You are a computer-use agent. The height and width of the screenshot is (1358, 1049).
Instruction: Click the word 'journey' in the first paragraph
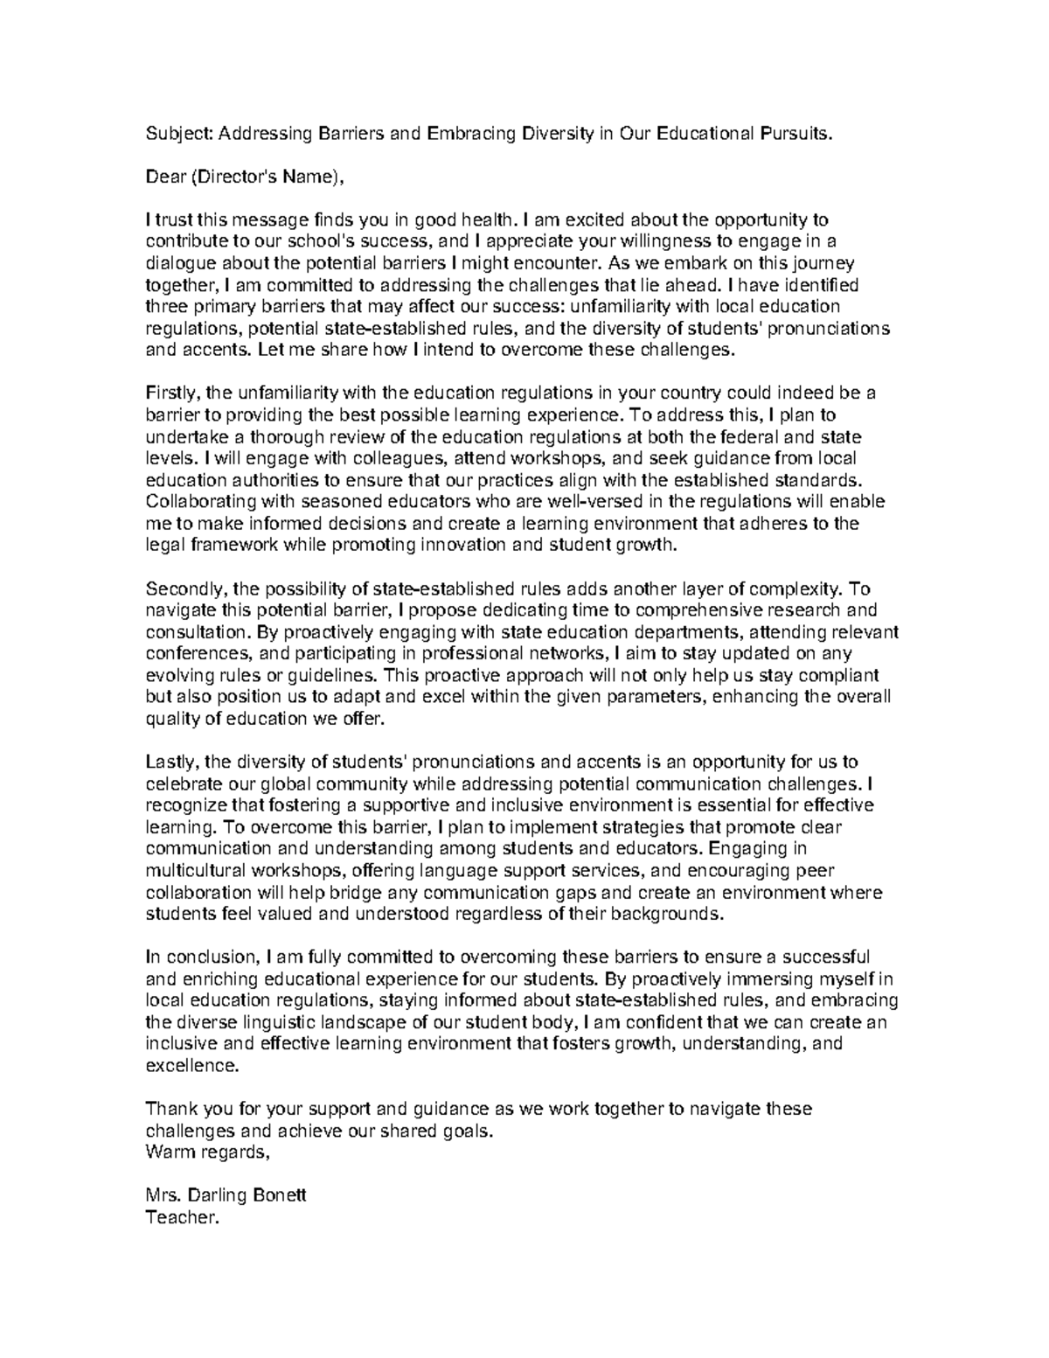point(826,263)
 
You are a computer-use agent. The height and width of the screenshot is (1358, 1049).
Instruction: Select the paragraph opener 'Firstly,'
point(171,393)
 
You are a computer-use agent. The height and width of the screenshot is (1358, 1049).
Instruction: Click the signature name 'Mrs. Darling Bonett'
point(226,1195)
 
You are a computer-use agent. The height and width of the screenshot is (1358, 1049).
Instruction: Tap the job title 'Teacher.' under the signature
point(179,1217)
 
